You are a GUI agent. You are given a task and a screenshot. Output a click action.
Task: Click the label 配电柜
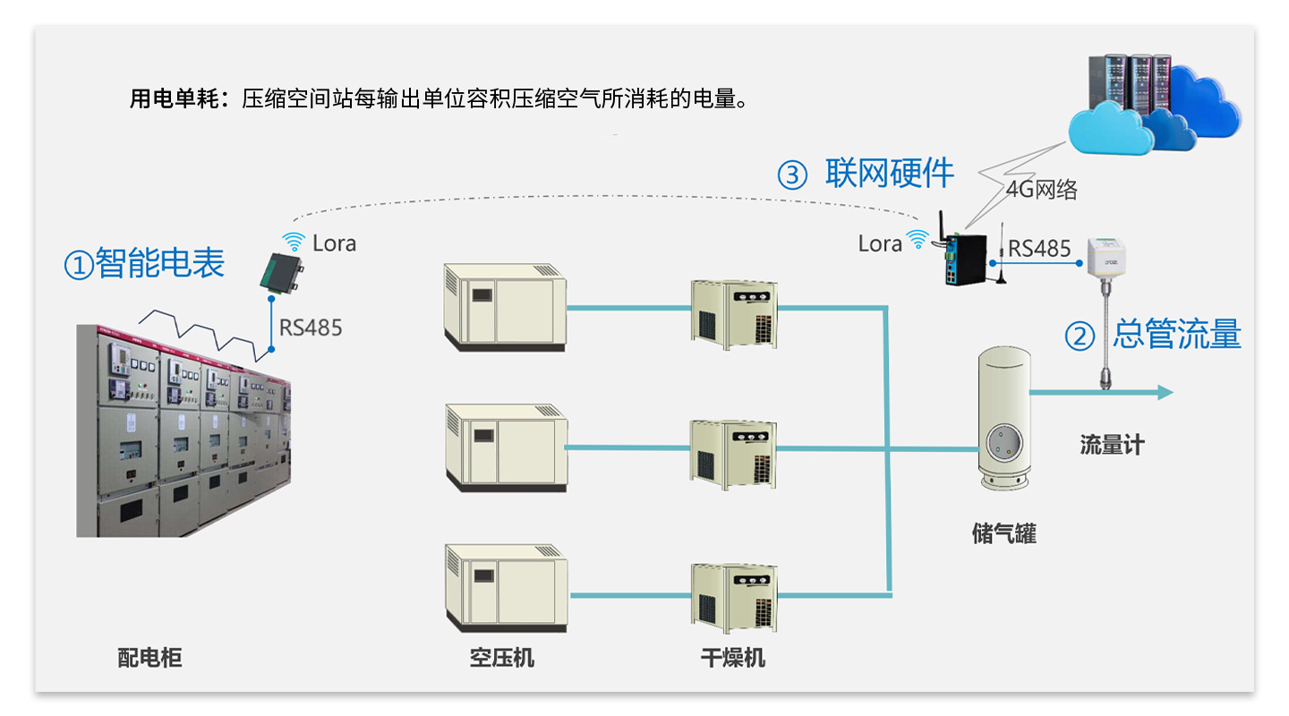click(x=149, y=659)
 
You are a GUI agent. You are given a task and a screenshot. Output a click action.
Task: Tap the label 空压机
click(x=501, y=659)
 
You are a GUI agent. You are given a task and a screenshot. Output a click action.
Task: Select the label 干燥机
click(x=732, y=659)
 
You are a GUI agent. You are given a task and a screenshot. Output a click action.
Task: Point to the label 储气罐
click(x=1003, y=534)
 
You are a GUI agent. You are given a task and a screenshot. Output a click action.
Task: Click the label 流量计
click(x=1112, y=445)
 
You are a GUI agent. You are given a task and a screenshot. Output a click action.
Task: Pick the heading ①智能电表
click(x=143, y=263)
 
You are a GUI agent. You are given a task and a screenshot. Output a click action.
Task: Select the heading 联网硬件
click(x=890, y=173)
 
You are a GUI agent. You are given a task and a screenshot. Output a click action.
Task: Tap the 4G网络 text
click(x=1041, y=189)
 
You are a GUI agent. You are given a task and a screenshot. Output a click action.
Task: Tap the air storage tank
click(x=1003, y=416)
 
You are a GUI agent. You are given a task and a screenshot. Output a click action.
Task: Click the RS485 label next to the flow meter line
click(x=1039, y=249)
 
